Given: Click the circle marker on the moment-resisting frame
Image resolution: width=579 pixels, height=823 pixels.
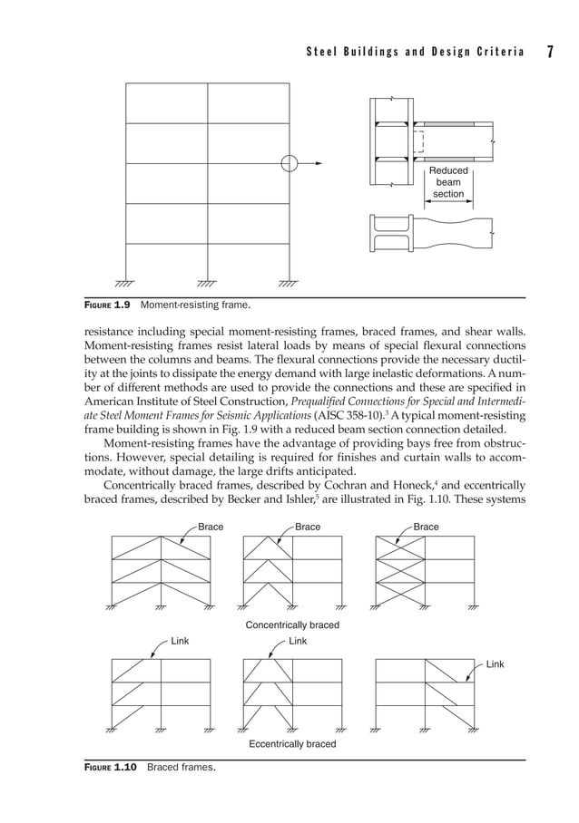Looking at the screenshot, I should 289,164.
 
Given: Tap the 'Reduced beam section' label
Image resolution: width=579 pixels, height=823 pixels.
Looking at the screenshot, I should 448,182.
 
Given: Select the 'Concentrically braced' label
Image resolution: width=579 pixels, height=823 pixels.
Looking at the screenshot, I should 292,625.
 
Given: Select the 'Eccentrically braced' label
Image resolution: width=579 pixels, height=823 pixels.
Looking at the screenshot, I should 292,744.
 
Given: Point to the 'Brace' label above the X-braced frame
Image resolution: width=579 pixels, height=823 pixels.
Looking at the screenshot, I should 426,527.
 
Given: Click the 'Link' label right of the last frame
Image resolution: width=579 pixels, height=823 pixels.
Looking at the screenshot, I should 496,665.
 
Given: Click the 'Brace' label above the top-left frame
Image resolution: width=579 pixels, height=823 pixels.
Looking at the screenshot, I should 211,527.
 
